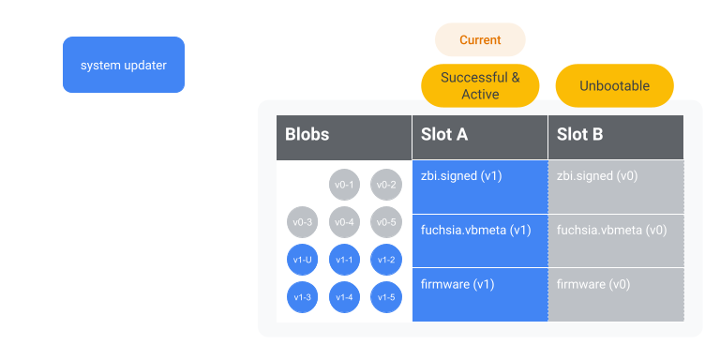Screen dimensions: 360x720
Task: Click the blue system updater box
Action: click(x=124, y=65)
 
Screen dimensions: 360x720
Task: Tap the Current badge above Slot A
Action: click(x=480, y=40)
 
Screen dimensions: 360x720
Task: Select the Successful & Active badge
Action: click(x=480, y=85)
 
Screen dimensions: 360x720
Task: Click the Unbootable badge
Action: click(x=615, y=85)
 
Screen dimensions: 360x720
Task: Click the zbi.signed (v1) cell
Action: click(x=480, y=187)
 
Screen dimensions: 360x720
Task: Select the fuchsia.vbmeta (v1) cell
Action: click(x=480, y=241)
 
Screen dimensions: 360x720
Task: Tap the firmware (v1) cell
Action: click(x=480, y=294)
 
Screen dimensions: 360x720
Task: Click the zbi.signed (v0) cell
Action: click(x=616, y=187)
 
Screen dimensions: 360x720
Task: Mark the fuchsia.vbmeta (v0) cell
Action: click(x=616, y=241)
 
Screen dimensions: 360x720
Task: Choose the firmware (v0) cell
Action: click(x=616, y=294)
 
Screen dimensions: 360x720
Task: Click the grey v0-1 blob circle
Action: click(x=344, y=185)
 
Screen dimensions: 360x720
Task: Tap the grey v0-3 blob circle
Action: click(x=302, y=222)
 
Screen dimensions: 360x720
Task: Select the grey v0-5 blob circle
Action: click(x=386, y=222)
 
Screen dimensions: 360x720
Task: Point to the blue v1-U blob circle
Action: click(x=302, y=260)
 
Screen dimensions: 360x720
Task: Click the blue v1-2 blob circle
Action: click(x=386, y=260)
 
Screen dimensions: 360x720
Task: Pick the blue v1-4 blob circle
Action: click(x=344, y=297)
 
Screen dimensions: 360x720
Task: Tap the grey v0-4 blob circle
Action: click(x=344, y=222)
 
